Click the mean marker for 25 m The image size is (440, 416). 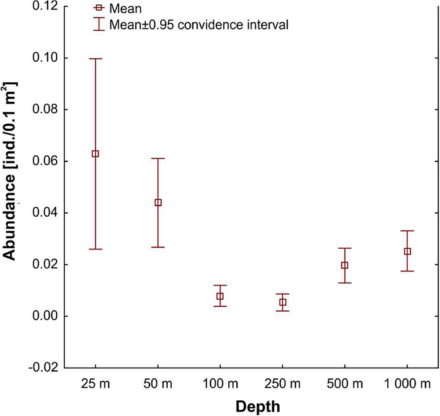96,154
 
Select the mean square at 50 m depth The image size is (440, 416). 158,202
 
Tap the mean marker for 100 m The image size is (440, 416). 220,296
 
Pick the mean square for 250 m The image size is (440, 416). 283,302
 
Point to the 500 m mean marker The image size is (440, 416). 344,265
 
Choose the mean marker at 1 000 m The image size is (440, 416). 407,251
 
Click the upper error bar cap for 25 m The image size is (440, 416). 96,58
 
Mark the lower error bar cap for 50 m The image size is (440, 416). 158,247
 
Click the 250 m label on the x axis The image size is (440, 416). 282,383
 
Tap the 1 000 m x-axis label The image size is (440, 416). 407,383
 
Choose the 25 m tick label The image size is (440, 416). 96,383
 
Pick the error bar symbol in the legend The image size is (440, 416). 97,25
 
